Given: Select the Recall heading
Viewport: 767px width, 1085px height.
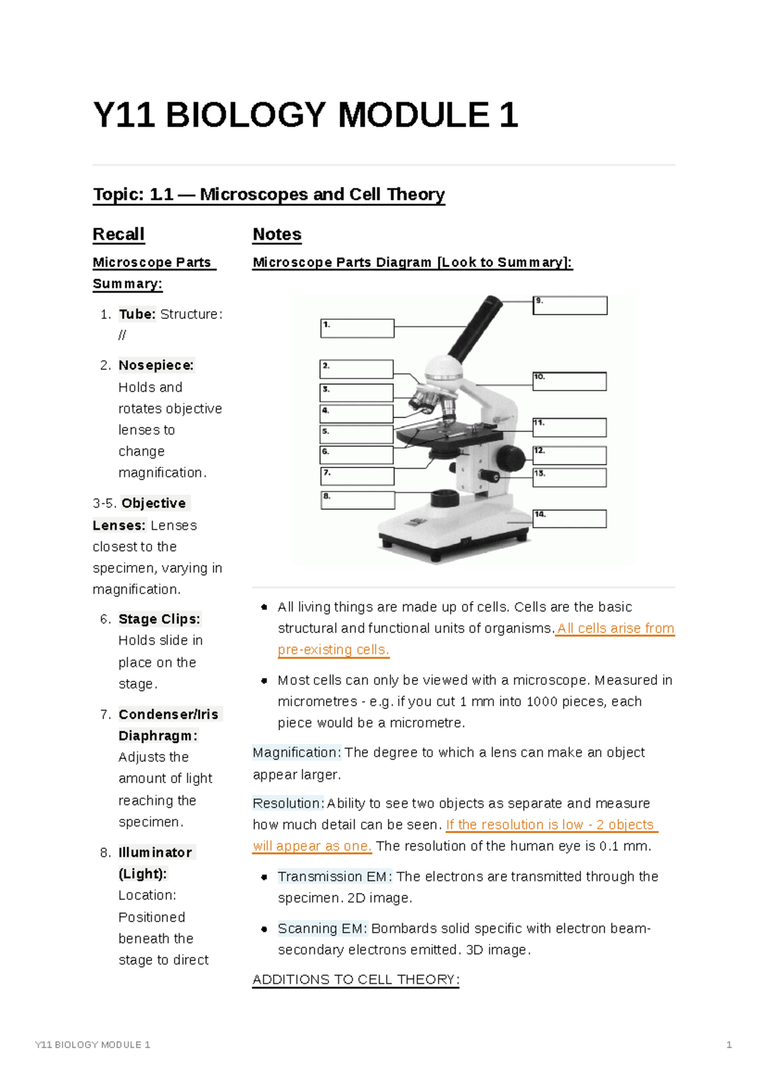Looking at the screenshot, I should pyautogui.click(x=118, y=235).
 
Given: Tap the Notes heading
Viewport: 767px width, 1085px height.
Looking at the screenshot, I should pyautogui.click(x=277, y=235).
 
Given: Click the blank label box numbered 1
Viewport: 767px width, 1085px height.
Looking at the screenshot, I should pyautogui.click(x=357, y=329).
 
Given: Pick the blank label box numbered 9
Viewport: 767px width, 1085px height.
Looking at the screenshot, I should pyautogui.click(x=570, y=306).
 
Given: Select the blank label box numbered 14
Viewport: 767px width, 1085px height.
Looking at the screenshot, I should pyautogui.click(x=569, y=519).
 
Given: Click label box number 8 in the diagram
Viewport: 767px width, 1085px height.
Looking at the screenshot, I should pyautogui.click(x=358, y=500).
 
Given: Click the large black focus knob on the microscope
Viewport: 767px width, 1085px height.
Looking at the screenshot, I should pyautogui.click(x=511, y=457).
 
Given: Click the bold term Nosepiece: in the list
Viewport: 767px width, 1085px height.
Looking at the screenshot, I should pyautogui.click(x=156, y=365).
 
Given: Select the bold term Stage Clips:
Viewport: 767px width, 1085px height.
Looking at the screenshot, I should pyautogui.click(x=159, y=619).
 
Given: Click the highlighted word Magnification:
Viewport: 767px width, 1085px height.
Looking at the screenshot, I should pyautogui.click(x=297, y=753).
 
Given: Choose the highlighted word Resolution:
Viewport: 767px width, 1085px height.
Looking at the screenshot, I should pyautogui.click(x=288, y=803).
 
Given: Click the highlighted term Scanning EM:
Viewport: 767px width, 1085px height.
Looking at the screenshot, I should pyautogui.click(x=322, y=928).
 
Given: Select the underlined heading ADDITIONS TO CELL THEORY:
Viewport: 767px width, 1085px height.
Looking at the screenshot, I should pyautogui.click(x=355, y=980).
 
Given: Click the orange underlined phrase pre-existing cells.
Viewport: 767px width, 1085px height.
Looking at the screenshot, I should pyautogui.click(x=333, y=650).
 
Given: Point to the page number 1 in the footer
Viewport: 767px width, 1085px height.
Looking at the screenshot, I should pyautogui.click(x=729, y=1045).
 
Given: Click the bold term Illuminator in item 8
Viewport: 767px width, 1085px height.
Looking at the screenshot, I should pyautogui.click(x=155, y=852).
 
